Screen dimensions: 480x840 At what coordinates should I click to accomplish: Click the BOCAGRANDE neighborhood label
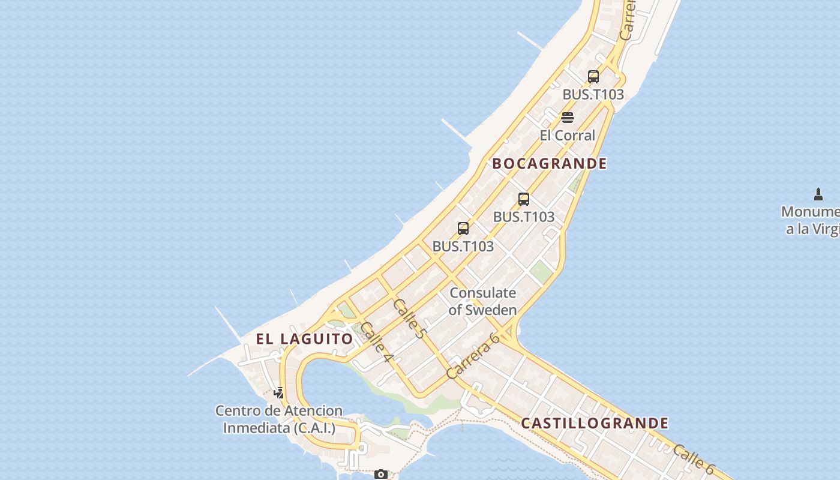point(550,163)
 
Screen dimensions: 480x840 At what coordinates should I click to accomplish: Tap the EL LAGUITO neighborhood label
point(304,338)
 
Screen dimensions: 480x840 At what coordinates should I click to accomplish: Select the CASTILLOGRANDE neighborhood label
point(594,423)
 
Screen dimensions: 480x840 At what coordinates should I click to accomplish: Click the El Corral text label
point(567,135)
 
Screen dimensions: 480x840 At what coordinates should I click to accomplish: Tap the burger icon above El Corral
point(568,117)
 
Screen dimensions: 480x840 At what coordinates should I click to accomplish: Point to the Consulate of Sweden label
point(482,301)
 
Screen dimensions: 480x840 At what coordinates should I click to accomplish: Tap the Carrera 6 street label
point(473,356)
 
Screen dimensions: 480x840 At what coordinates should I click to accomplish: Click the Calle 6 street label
point(695,459)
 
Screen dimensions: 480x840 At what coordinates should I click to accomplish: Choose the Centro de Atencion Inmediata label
point(279,419)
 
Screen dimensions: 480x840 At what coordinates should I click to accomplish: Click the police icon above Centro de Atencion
point(279,393)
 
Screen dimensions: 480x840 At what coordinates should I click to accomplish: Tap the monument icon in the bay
point(818,194)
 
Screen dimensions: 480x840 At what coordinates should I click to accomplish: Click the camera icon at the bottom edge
point(380,474)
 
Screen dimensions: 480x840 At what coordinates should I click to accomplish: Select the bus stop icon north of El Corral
point(593,77)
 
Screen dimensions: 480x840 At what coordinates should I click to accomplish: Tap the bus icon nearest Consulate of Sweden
point(463,228)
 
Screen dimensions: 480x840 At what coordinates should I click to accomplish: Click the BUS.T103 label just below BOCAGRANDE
point(524,217)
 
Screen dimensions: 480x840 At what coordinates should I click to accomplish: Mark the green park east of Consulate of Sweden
point(541,272)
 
